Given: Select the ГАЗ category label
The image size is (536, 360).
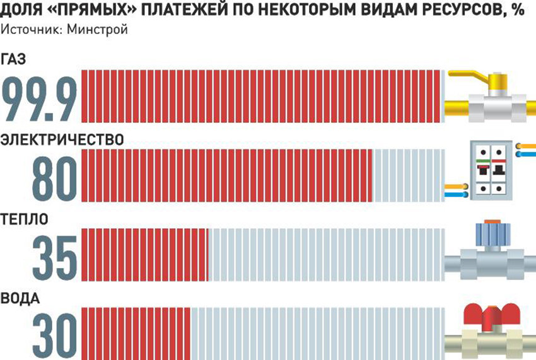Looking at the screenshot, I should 16,60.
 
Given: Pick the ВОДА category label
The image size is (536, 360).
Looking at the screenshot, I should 21,298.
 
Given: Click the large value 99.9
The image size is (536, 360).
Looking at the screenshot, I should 40,98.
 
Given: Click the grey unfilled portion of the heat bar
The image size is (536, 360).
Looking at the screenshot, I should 325,254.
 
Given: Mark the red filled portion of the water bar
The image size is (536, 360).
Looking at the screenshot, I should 136,332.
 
